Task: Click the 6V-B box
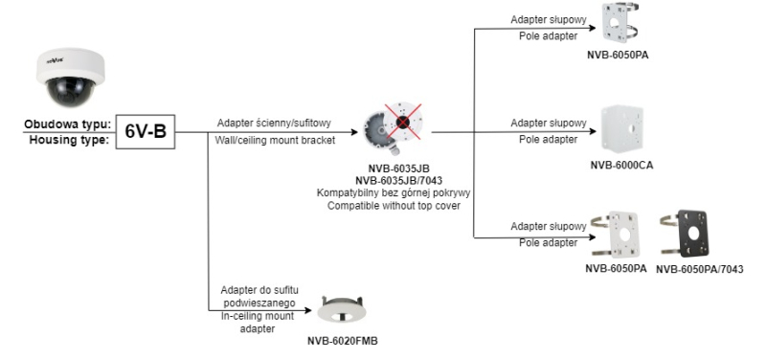(146, 132)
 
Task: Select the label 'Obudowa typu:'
(68, 124)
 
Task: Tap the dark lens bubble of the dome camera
(71, 91)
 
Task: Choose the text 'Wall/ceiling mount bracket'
(275, 140)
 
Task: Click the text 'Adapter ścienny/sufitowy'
(274, 123)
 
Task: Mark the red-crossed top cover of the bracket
(402, 122)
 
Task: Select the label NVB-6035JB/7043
(398, 181)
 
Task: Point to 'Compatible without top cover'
(394, 206)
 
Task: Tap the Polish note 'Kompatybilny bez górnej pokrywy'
(394, 193)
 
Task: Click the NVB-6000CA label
(621, 166)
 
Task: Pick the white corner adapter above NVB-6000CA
(621, 129)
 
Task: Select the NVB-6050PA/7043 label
(700, 269)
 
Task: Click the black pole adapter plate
(686, 235)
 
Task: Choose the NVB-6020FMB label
(343, 341)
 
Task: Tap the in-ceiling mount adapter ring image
(342, 310)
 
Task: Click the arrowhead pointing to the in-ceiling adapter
(308, 310)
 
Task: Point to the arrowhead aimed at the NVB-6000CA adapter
(592, 132)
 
